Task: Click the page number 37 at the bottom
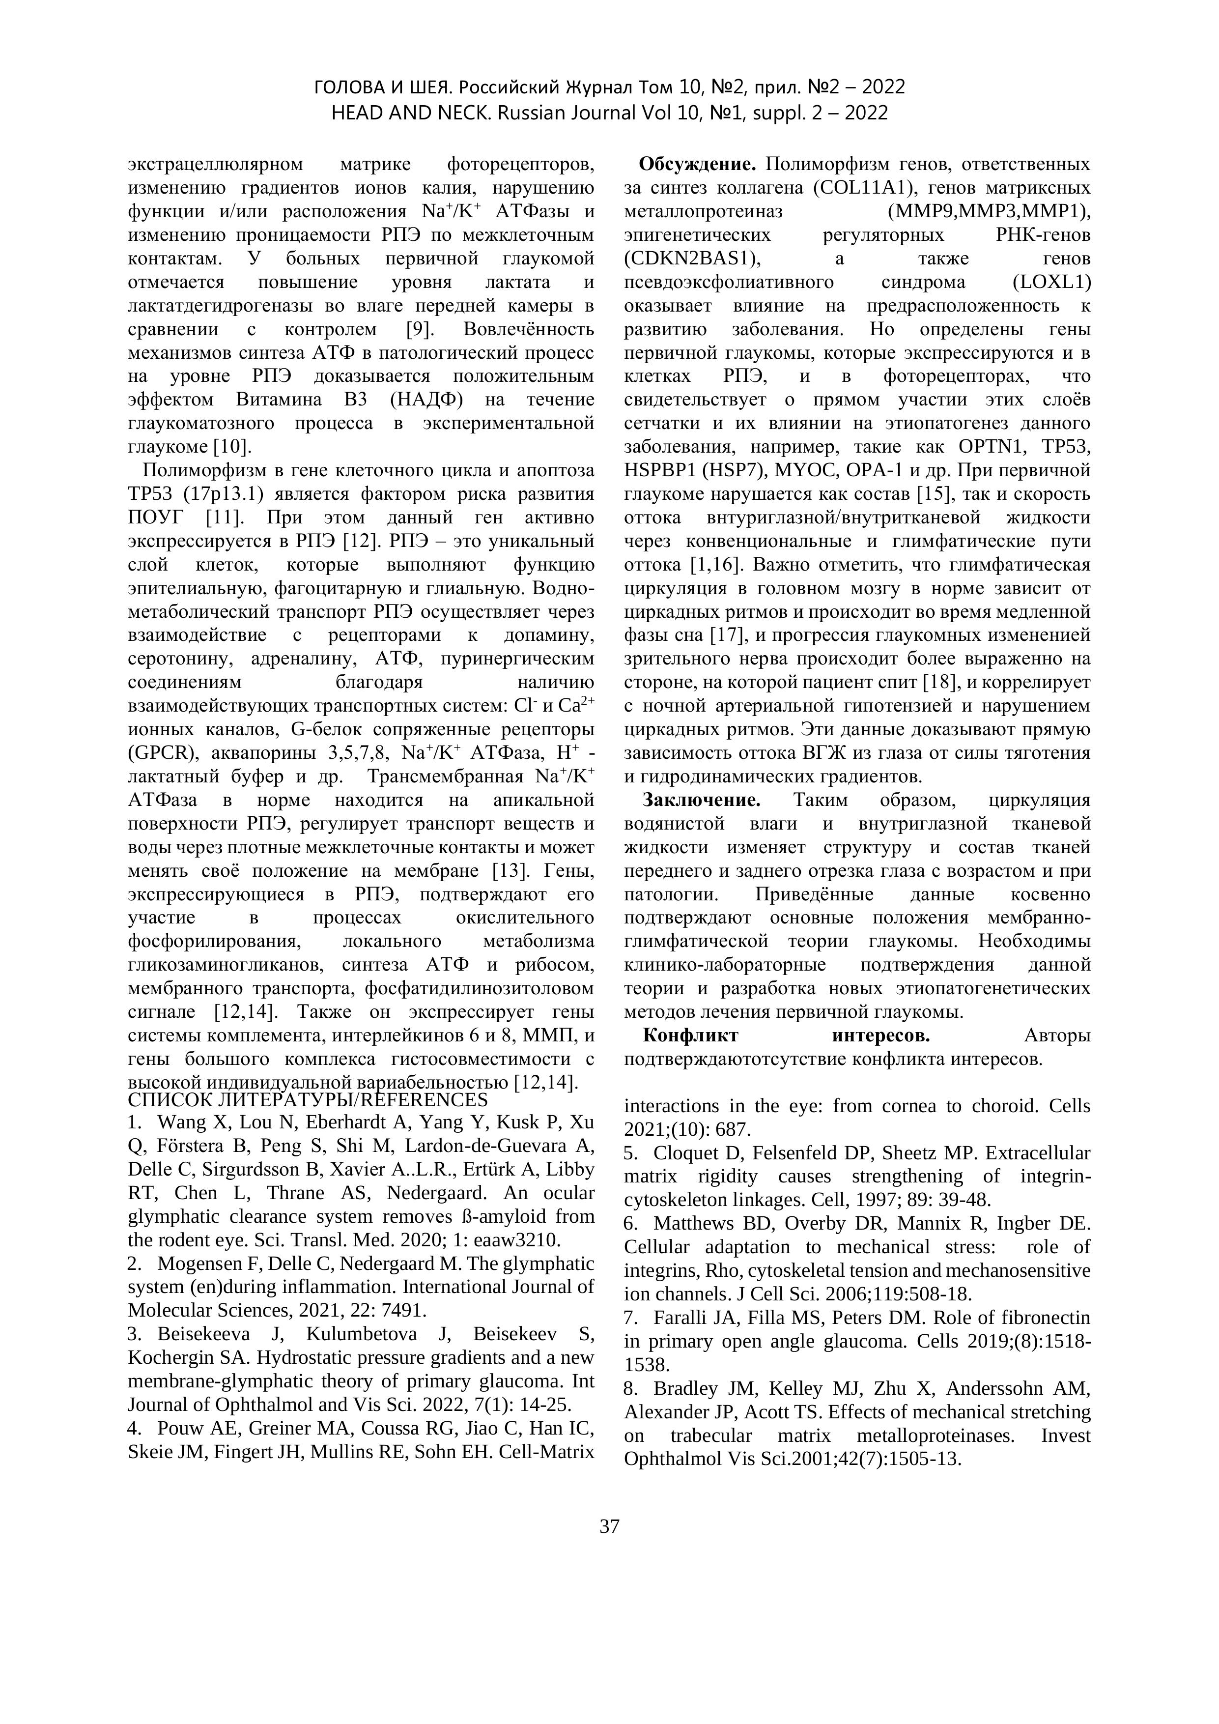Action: pyautogui.click(x=609, y=1526)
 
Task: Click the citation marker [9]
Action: pyautogui.click(x=417, y=329)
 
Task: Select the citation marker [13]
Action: pyautogui.click(x=508, y=870)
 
